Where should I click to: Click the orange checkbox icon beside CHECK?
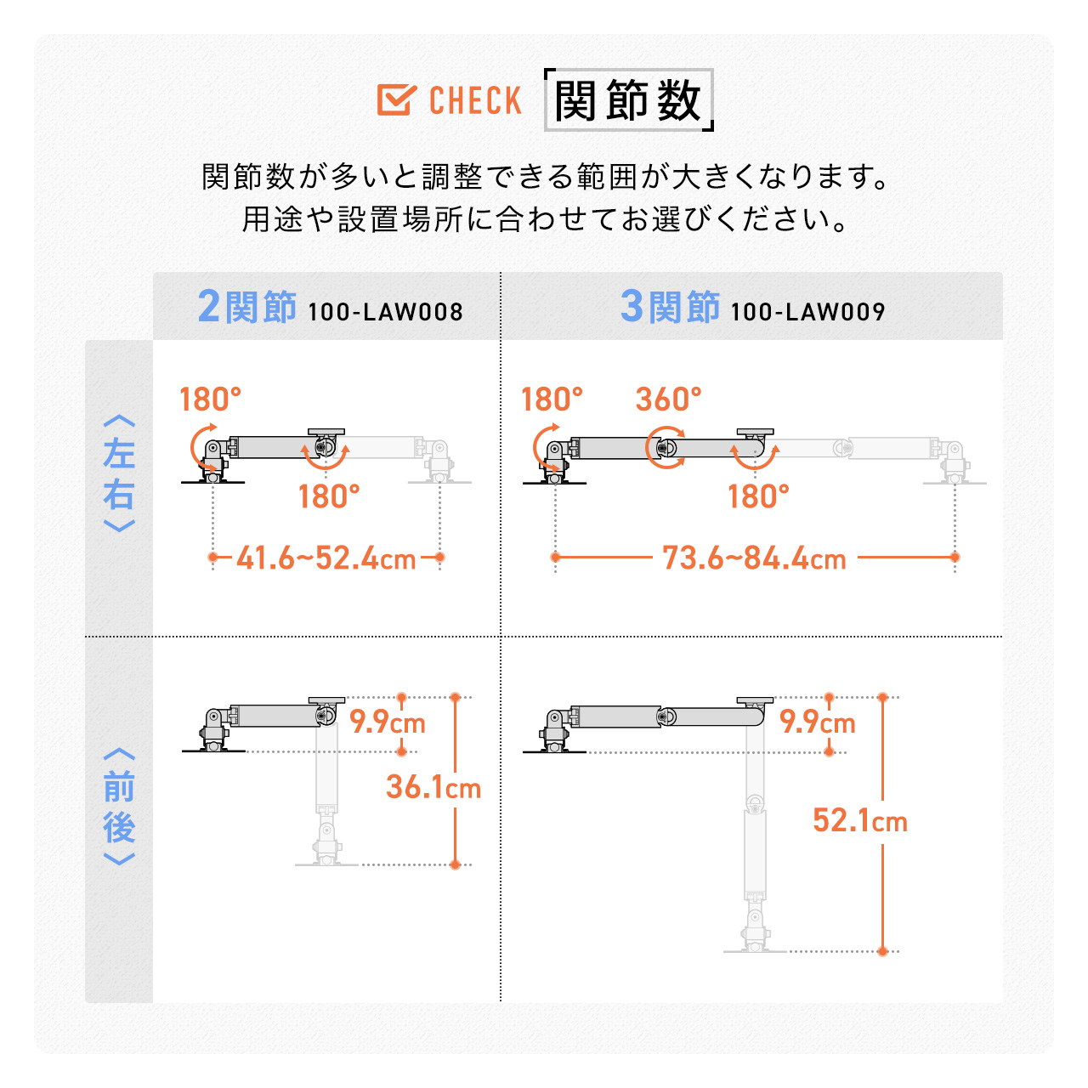(396, 100)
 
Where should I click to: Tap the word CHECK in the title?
(475, 100)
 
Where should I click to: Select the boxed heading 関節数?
(628, 100)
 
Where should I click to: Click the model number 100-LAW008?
(385, 312)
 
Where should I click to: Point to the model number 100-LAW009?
(807, 312)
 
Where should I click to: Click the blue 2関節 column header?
(246, 307)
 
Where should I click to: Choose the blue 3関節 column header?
(670, 307)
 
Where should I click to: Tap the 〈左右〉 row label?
(119, 473)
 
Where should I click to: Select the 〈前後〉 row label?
(119, 807)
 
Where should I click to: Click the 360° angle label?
(668, 399)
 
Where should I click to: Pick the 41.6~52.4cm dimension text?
(326, 558)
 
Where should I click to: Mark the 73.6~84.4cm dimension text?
(754, 558)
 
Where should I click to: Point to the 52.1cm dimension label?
(860, 820)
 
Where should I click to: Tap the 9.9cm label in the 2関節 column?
(388, 722)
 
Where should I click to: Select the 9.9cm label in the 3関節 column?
(818, 722)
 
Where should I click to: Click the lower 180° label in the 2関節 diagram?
(329, 496)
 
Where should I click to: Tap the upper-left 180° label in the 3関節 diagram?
(552, 399)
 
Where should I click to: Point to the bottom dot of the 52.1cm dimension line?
(883, 951)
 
